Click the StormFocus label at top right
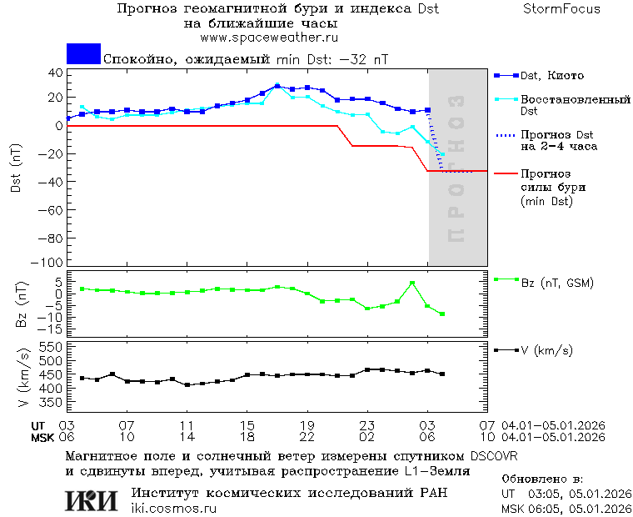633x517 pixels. pyautogui.click(x=561, y=9)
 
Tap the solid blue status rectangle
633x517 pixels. pyautogui.click(x=83, y=54)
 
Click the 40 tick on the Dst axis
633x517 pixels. pyautogui.click(x=54, y=73)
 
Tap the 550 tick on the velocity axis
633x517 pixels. pyautogui.click(x=50, y=346)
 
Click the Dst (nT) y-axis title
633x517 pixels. pyautogui.click(x=16, y=168)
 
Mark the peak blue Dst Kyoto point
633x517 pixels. pyautogui.click(x=277, y=86)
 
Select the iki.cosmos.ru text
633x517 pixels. pyautogui.click(x=174, y=509)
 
